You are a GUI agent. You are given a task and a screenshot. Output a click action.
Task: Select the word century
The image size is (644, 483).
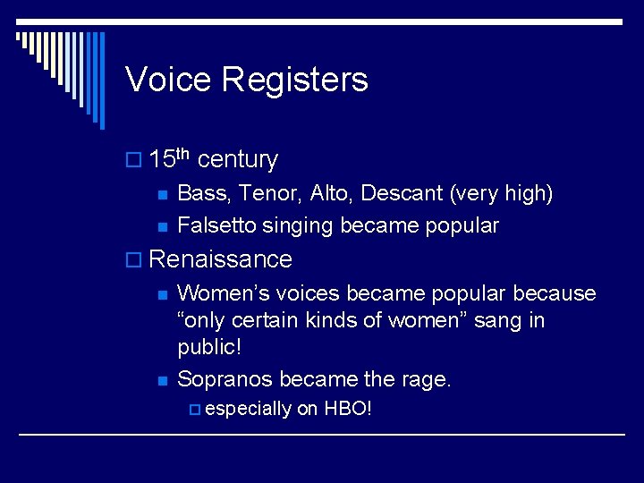coord(237,160)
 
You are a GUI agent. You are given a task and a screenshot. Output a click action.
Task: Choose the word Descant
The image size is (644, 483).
coord(403,193)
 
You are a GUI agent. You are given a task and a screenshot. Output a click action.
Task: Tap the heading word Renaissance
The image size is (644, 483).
coord(220,259)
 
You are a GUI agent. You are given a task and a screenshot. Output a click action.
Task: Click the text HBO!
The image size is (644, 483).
coord(347,409)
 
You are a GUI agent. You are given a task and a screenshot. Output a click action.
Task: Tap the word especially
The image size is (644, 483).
coord(248,410)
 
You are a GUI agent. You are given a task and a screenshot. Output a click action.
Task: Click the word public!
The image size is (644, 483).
coord(208,347)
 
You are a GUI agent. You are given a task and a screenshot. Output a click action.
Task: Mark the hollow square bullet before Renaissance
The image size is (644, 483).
coord(134,260)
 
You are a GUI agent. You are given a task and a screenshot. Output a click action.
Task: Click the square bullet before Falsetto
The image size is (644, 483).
coord(160,226)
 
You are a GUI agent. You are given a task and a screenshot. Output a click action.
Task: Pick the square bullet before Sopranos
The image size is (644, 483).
coord(160,380)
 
